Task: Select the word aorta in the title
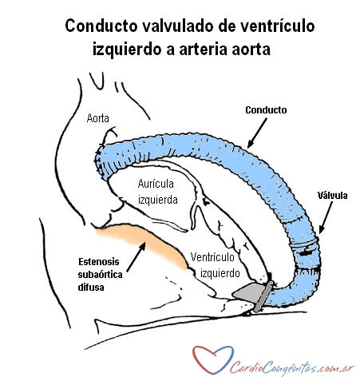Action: [x=251, y=50]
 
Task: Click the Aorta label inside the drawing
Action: [x=98, y=118]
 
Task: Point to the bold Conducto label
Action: [x=266, y=110]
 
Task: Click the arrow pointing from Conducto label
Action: [x=257, y=133]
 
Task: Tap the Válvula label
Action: [x=332, y=195]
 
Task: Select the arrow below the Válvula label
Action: [x=326, y=217]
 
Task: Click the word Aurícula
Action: [x=156, y=184]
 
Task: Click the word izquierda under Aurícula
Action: [x=158, y=200]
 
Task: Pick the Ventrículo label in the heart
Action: [x=212, y=257]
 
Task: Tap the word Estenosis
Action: [x=99, y=262]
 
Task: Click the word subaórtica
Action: [x=100, y=275]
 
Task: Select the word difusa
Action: [x=91, y=288]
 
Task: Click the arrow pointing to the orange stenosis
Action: [x=136, y=257]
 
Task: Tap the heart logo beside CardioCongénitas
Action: [x=212, y=359]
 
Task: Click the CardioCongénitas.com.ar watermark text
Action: [x=292, y=368]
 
